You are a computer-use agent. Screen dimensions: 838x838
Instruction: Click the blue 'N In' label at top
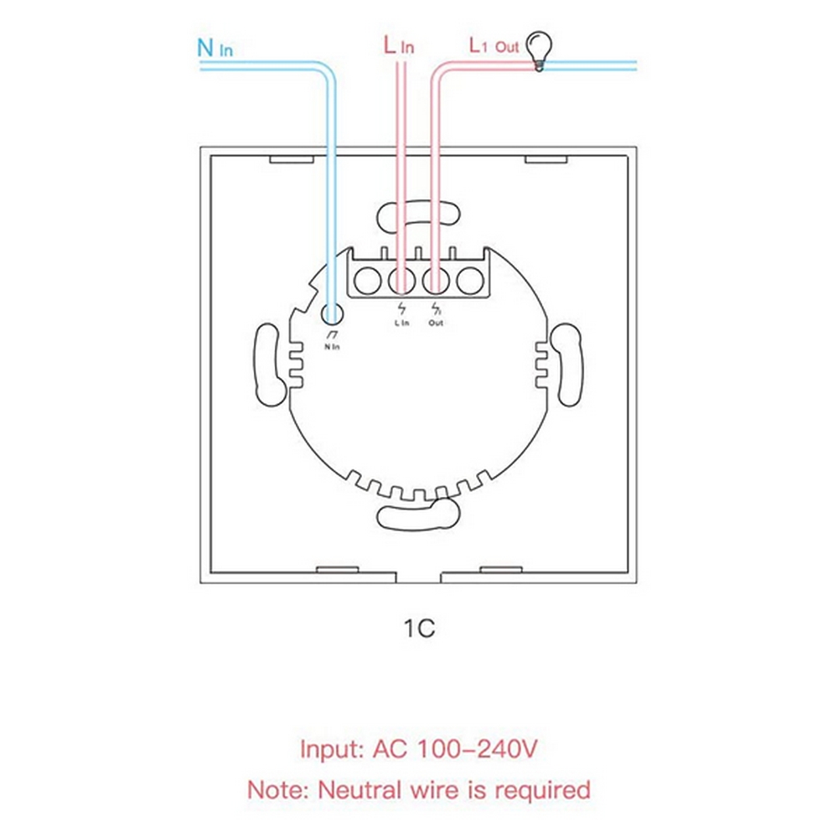tap(215, 48)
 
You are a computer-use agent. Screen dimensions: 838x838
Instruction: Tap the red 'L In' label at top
tap(399, 45)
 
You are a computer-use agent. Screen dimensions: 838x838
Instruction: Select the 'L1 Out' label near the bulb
tap(494, 46)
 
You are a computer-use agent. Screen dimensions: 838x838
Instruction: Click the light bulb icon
tap(539, 51)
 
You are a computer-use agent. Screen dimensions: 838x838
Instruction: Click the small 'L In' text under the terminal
tap(401, 323)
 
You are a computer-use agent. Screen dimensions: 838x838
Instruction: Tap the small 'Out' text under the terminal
tap(436, 323)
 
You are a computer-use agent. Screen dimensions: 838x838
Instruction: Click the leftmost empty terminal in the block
tap(368, 280)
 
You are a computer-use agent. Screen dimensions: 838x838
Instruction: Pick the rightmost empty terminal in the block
tap(470, 280)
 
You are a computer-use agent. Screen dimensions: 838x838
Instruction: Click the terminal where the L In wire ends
tap(402, 280)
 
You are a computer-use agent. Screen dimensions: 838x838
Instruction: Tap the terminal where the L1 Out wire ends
tap(436, 280)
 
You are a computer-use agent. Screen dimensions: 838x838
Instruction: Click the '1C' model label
tap(419, 628)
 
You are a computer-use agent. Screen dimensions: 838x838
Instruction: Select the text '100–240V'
tap(477, 748)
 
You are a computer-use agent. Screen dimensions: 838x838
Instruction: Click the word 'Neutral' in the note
tap(360, 790)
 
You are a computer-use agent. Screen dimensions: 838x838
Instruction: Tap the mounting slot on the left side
tap(269, 365)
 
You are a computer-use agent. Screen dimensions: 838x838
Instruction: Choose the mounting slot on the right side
tap(567, 365)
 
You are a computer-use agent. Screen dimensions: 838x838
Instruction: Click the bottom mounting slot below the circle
tap(418, 515)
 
